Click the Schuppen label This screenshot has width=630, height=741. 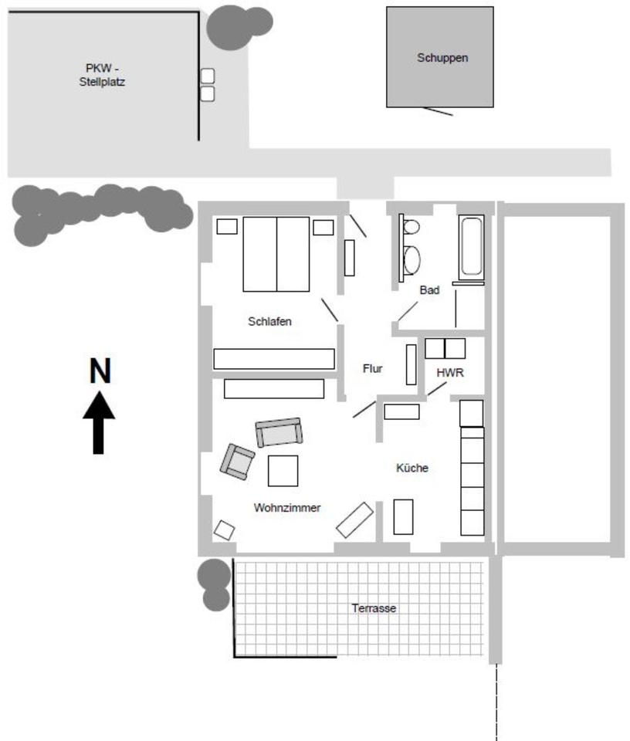[442, 58]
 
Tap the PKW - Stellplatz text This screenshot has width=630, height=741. [102, 74]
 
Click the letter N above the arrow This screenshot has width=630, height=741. [100, 372]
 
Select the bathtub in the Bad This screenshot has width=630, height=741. [471, 248]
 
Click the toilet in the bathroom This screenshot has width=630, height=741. [411, 227]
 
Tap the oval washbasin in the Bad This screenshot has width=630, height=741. [412, 259]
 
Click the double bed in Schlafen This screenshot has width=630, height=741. [276, 254]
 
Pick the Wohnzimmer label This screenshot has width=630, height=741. [286, 508]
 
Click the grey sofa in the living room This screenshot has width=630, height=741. [279, 433]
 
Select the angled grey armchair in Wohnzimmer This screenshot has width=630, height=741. [237, 462]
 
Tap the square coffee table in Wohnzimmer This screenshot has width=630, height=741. [283, 471]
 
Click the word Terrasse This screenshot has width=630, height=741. [374, 608]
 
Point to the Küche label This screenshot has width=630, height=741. [412, 468]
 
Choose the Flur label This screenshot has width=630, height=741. [373, 369]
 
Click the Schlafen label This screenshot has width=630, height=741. [269, 321]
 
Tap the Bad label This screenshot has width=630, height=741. [429, 290]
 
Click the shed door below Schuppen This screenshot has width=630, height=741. [438, 111]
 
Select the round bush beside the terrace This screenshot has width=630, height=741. [215, 575]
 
